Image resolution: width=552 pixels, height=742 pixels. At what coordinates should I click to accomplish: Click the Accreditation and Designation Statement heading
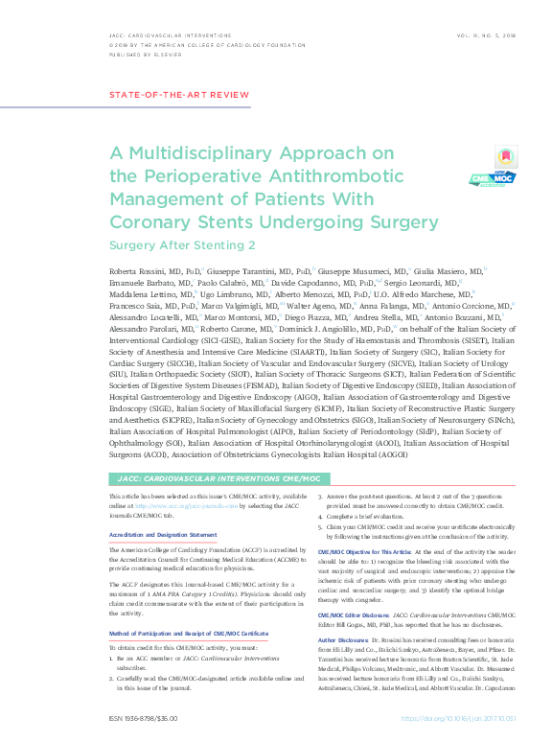pyautogui.click(x=162, y=535)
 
